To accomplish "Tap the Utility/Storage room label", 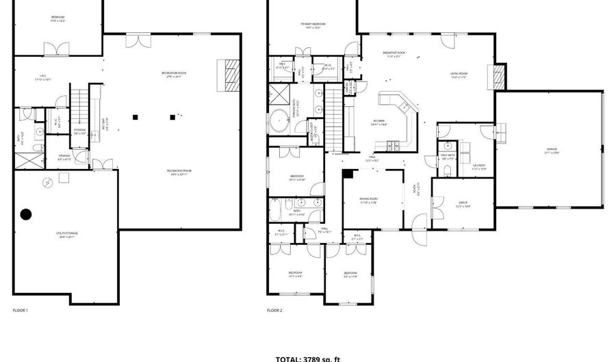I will tap(67, 235).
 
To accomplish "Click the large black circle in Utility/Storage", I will tap(26, 214).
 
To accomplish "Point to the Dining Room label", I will tap(369, 199).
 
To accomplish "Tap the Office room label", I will tap(463, 203).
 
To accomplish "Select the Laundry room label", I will tap(479, 166).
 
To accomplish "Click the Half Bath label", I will tap(448, 156).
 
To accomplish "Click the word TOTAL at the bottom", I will tap(287, 358).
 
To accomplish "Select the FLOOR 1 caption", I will tap(21, 310).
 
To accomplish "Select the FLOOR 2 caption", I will tap(274, 310).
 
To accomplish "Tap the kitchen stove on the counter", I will tap(394, 144).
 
